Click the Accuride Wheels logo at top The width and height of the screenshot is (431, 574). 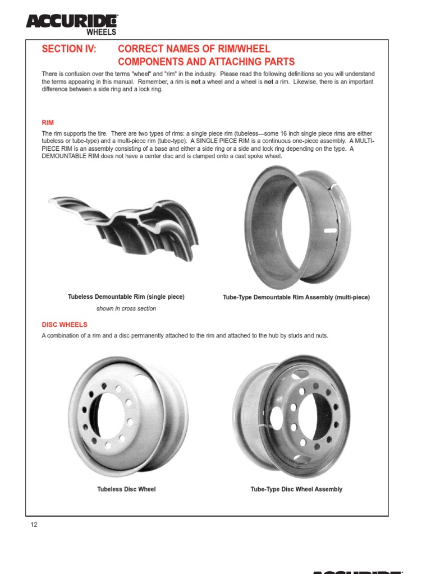71,24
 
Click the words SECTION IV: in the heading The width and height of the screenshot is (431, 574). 69,49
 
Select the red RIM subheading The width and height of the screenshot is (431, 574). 48,122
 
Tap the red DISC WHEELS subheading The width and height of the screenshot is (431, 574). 65,324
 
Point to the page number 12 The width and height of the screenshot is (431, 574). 34,525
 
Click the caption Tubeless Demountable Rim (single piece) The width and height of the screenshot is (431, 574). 126,297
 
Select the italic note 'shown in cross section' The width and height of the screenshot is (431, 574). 126,308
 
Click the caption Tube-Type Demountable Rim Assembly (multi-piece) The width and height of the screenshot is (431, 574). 296,297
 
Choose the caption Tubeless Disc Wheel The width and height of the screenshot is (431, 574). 126,489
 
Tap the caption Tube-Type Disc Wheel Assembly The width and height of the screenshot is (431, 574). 296,489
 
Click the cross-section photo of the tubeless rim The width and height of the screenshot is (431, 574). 123,224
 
